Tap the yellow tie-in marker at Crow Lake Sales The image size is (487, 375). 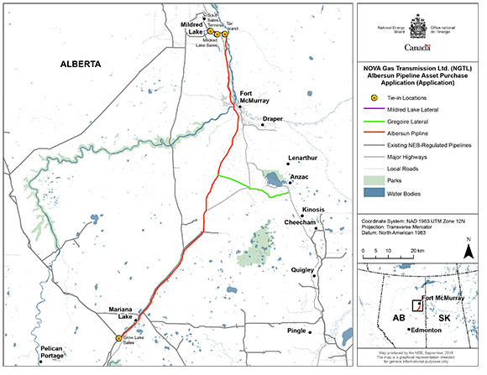119,338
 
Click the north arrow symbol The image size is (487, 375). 467,245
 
